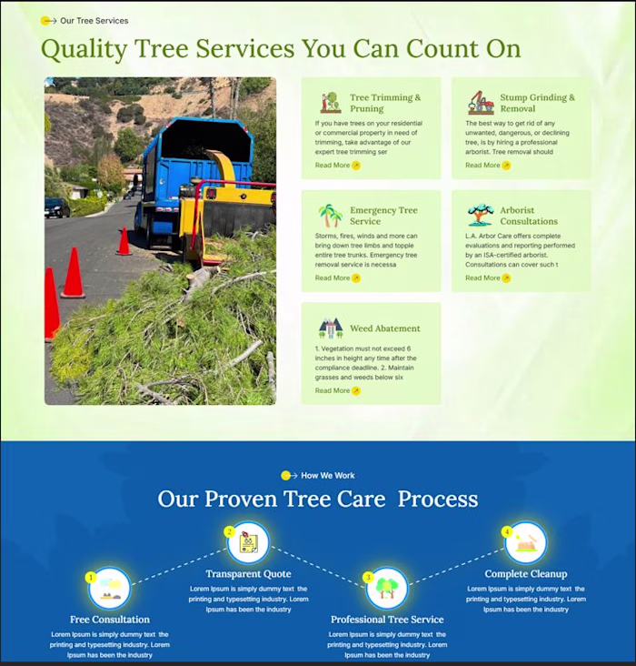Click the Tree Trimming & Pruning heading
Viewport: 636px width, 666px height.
385,103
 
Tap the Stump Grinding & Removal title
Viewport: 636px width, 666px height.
537,103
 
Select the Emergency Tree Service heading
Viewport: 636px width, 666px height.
383,216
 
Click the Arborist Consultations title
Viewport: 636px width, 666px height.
528,216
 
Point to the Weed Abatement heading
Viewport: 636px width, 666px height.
384,328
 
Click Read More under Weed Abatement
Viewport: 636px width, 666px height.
337,390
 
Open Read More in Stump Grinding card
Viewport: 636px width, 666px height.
487,166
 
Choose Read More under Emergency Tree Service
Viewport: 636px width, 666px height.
337,278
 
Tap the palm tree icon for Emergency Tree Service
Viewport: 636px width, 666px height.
331,216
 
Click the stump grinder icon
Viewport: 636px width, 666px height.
481,102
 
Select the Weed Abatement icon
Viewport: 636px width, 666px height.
331,328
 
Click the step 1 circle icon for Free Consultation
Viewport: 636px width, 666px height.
109,589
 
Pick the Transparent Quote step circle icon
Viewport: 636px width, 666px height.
248,543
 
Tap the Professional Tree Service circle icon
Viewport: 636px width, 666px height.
387,589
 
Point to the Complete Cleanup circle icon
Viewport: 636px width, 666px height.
526,543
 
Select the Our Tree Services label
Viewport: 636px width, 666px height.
94,20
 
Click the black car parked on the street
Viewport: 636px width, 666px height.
57,207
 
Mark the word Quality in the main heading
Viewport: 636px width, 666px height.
84,48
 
